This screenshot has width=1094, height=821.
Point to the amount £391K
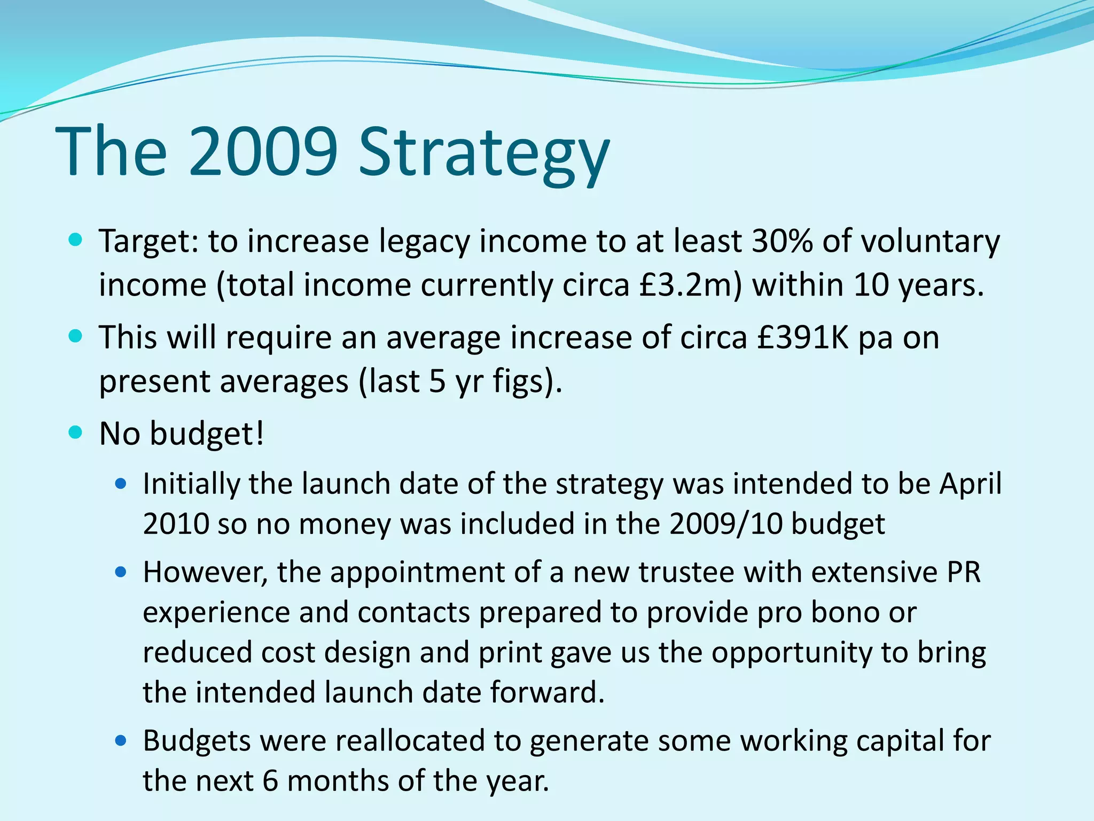coord(803,338)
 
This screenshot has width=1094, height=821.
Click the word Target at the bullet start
coord(149,242)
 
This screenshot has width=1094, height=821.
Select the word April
coord(971,484)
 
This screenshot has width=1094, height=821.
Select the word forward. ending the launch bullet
coord(548,693)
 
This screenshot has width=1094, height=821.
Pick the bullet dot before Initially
coord(121,484)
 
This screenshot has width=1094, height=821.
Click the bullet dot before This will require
coord(76,337)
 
